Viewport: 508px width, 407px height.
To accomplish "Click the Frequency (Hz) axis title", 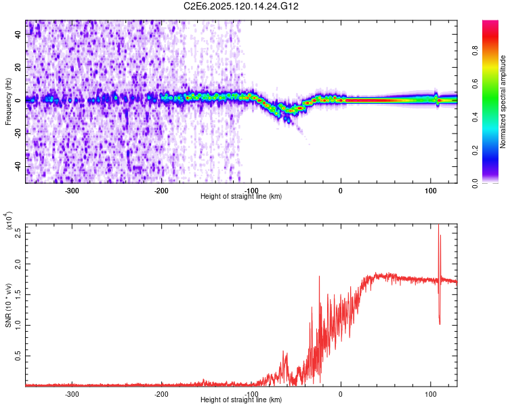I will click(x=9, y=102).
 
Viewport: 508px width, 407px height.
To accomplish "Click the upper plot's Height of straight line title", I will click(x=241, y=196).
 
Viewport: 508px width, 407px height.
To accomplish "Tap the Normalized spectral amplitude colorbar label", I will click(x=503, y=102).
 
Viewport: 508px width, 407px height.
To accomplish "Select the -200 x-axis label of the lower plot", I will click(x=161, y=393).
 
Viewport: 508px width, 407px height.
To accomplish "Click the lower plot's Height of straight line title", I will click(x=241, y=400).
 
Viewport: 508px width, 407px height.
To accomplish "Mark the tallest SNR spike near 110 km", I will click(x=438, y=227).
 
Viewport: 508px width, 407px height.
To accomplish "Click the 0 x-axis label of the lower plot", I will click(x=341, y=393).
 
